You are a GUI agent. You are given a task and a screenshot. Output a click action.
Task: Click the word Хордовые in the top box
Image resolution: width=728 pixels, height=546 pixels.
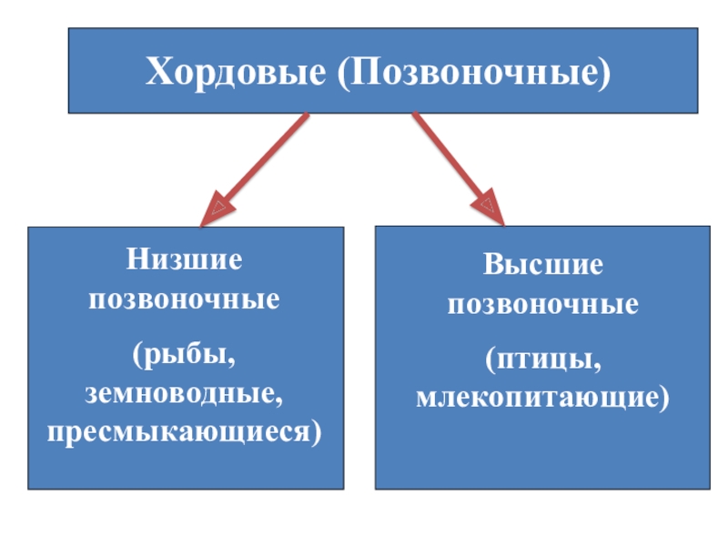point(236,72)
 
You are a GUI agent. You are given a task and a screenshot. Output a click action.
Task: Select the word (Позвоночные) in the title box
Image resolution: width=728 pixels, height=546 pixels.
point(473,72)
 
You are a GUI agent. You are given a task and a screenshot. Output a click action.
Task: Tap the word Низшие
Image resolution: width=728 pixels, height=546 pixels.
point(185,259)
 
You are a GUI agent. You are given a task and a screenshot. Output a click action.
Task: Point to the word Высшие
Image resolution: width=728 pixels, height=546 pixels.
point(543,265)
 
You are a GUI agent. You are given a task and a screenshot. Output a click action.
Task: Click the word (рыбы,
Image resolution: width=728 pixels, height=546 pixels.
point(184,355)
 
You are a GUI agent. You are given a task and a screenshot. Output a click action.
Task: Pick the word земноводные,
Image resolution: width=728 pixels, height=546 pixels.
point(184,394)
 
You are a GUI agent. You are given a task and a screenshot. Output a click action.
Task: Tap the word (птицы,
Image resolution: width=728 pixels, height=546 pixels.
point(543,360)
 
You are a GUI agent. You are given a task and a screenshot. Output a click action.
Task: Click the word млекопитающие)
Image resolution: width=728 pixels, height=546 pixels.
point(542,398)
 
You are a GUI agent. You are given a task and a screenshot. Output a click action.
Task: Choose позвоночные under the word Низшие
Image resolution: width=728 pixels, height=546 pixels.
point(185,300)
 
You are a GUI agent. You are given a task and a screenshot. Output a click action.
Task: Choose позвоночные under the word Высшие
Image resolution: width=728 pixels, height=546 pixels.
point(543,306)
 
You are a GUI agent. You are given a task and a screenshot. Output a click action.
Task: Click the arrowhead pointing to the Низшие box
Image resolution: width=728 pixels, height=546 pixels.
point(217,208)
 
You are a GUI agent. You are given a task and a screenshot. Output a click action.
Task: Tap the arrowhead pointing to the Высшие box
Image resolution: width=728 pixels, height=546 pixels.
point(488,207)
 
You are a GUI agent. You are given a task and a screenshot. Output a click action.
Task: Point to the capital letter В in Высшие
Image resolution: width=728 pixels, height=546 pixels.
point(494,265)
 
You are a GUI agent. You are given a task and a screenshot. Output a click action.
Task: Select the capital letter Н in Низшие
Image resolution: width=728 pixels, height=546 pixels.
point(138,259)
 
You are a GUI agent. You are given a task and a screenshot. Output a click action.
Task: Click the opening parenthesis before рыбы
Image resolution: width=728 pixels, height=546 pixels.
point(137,356)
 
